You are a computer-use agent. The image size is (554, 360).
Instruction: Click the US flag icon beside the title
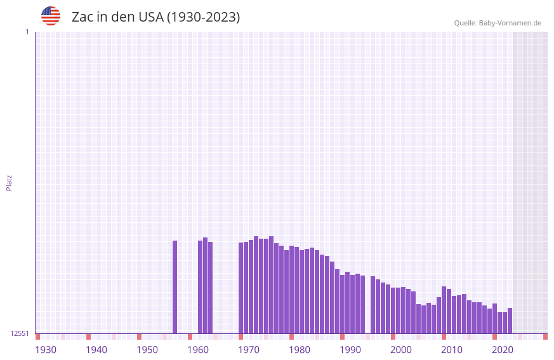[51, 16]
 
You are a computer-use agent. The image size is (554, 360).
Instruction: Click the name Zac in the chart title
[83, 17]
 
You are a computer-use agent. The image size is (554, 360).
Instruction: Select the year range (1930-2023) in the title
[203, 17]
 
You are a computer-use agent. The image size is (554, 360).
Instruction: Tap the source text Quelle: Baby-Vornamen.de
[498, 23]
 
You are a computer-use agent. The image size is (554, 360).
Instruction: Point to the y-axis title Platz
[9, 182]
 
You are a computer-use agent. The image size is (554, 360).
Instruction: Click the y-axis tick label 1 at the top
[27, 32]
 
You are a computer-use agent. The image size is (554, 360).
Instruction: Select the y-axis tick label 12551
[20, 333]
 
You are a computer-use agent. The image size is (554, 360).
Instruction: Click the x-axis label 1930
[46, 350]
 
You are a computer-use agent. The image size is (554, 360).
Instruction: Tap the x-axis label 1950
[147, 350]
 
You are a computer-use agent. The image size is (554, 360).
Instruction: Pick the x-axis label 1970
[249, 350]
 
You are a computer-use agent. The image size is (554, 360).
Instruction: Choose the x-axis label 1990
[350, 350]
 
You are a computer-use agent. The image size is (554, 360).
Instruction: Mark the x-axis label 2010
[452, 350]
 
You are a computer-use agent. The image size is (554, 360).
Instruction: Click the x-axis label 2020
[503, 350]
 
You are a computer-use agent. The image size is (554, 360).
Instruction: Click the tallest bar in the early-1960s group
[206, 286]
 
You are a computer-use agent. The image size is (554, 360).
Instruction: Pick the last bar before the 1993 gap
[363, 304]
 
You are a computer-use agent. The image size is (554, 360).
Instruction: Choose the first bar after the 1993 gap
[373, 305]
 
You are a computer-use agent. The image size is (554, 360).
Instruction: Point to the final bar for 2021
[510, 321]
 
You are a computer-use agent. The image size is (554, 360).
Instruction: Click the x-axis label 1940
[96, 350]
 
